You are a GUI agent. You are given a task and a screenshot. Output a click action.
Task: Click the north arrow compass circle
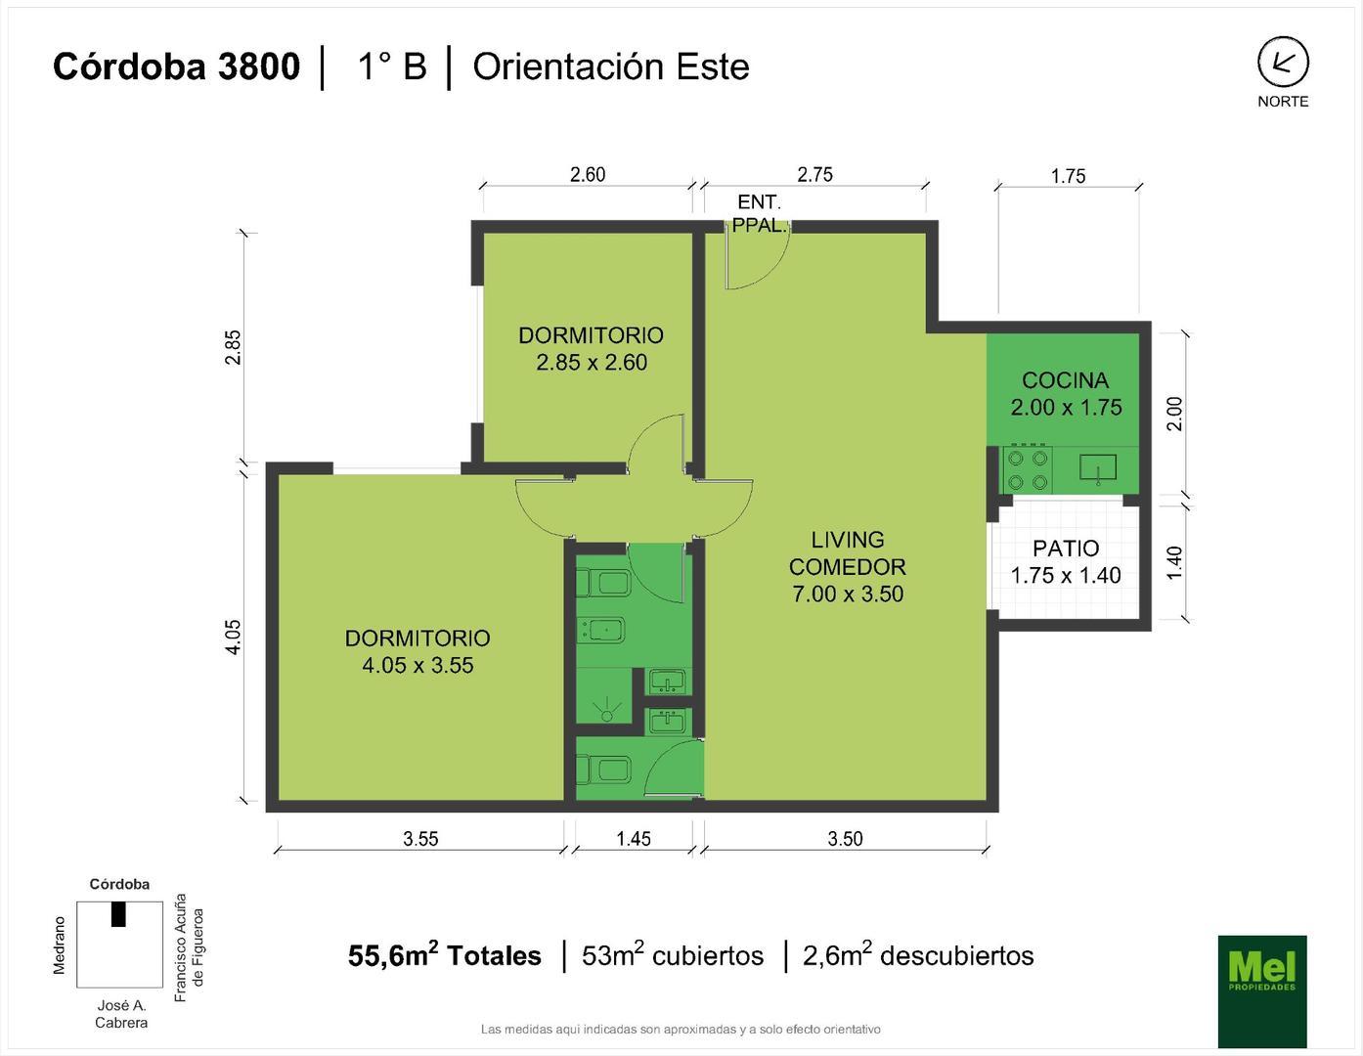pos(1282,63)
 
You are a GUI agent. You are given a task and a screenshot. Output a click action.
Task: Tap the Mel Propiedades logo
pos(1261,990)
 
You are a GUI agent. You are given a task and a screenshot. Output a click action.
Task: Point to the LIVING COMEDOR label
pos(848,566)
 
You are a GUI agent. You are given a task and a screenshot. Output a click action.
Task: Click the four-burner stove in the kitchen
pos(1028,469)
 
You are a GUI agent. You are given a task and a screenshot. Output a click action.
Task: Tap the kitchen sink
pos(1097,468)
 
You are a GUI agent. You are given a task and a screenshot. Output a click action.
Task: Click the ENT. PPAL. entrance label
pos(759,213)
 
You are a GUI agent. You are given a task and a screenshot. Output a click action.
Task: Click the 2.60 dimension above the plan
pos(588,174)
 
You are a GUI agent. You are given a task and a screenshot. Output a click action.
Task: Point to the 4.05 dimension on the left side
pos(233,637)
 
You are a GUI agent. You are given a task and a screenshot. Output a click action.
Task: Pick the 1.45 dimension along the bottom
pos(634,838)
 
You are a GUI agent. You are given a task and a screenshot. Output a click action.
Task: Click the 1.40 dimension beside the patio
pos(1174,562)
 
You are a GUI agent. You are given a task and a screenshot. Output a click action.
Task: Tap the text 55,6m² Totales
pos(445,955)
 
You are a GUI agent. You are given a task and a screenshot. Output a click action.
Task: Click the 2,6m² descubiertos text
pos(918,955)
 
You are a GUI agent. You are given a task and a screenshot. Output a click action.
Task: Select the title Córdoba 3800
pos(176,66)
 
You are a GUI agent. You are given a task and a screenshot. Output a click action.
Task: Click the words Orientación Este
pos(611,66)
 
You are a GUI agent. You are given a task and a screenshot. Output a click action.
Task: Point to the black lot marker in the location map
pos(118,913)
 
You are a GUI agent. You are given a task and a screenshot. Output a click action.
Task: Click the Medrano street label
pos(60,945)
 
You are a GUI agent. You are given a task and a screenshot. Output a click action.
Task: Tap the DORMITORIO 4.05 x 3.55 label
pos(418,651)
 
